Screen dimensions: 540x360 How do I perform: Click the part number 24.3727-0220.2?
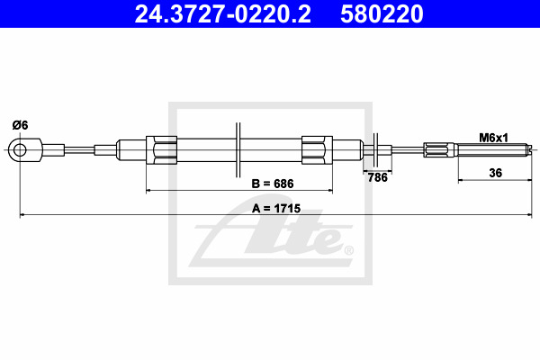pyautogui.click(x=222, y=14)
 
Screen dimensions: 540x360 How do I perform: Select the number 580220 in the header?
pyautogui.click(x=382, y=14)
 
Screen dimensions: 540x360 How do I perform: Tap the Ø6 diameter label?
pyautogui.click(x=21, y=125)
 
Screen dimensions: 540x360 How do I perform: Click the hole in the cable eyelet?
pyautogui.click(x=20, y=150)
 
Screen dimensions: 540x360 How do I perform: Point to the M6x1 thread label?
pyautogui.click(x=493, y=138)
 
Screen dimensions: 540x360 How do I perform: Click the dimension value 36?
pyautogui.click(x=496, y=173)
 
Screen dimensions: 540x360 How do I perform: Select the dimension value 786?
pyautogui.click(x=377, y=177)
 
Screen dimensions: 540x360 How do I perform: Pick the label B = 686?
pyautogui.click(x=273, y=184)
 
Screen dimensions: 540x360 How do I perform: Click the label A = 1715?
pyautogui.click(x=276, y=209)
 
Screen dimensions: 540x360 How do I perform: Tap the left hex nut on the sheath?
pyautogui.click(x=161, y=150)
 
